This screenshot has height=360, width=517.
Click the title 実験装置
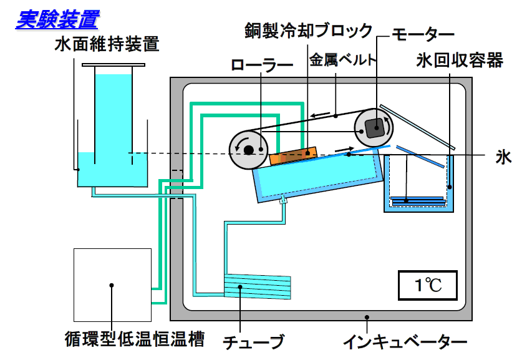(x=57, y=19)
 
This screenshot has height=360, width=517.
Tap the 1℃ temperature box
(x=428, y=286)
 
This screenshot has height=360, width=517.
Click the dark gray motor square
(x=375, y=128)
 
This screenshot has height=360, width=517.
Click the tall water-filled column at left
(x=114, y=119)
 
